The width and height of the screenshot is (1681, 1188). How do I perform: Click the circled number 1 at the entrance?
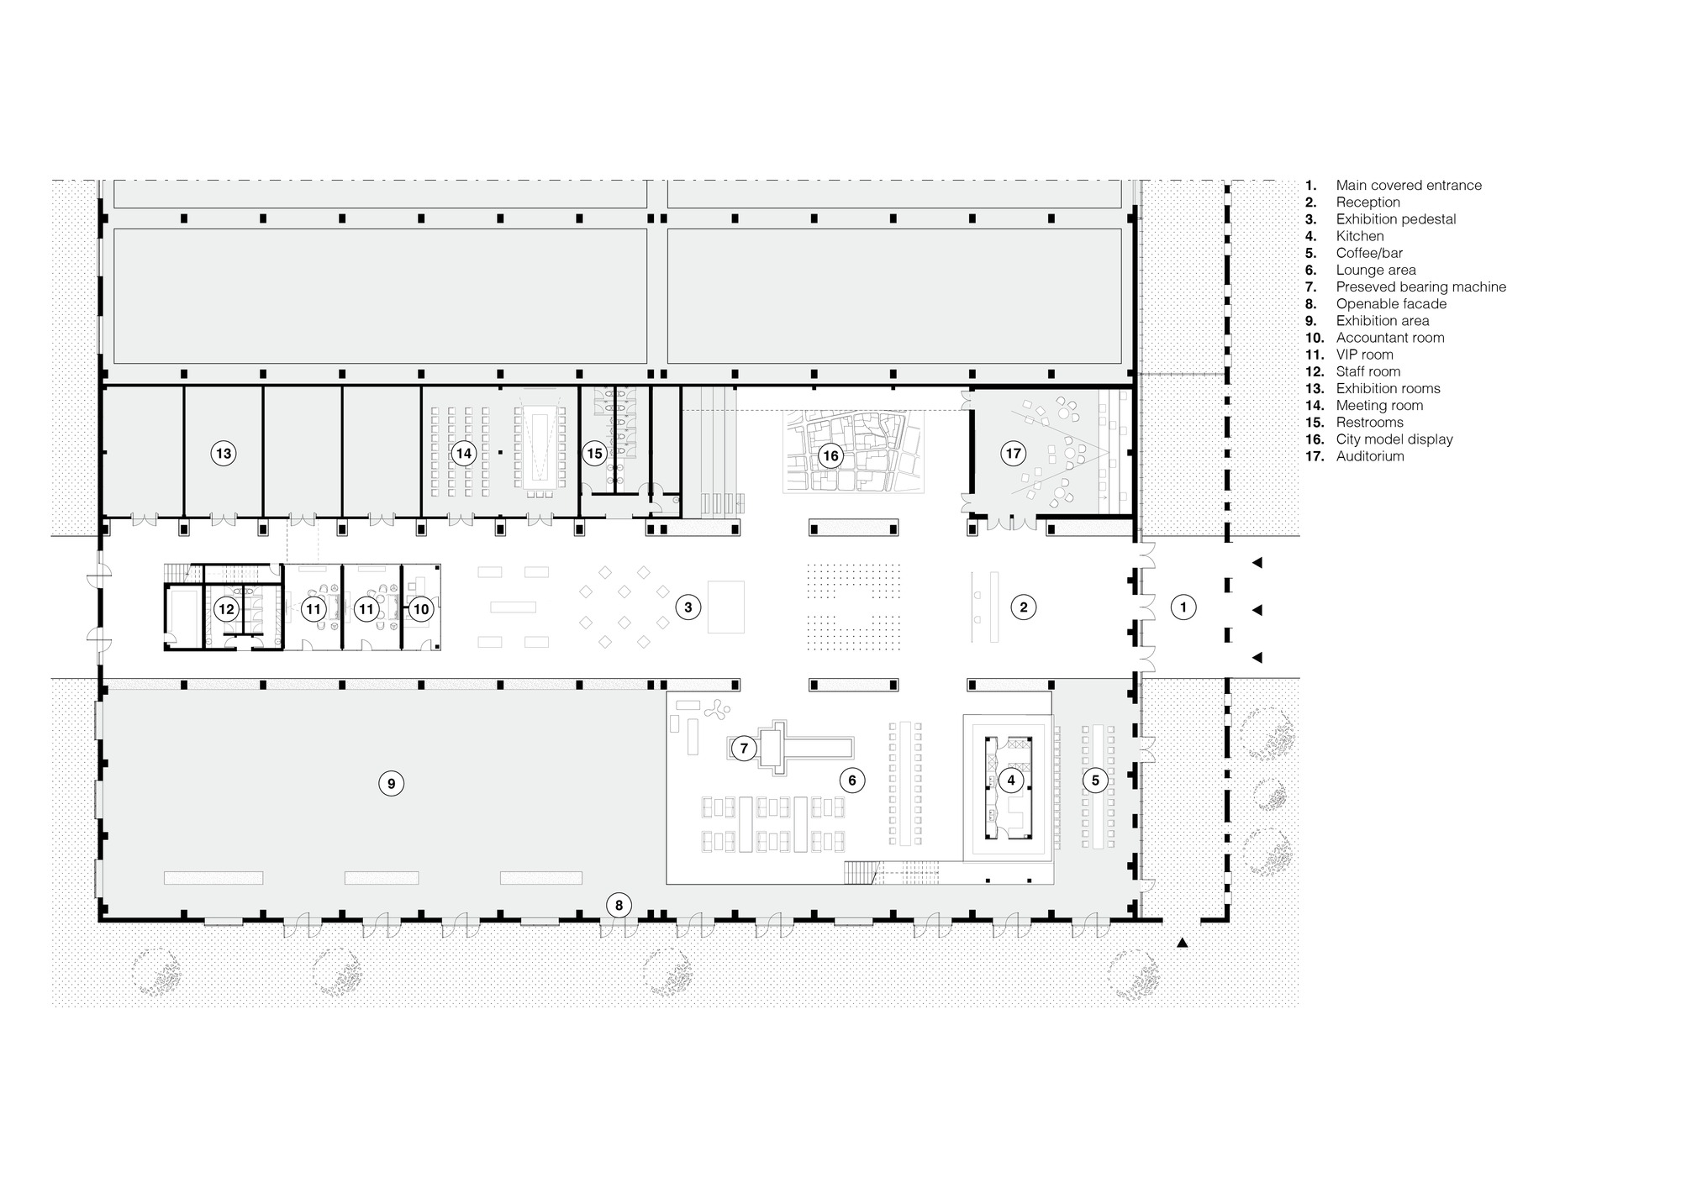coord(1183,607)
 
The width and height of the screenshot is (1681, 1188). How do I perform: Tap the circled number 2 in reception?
coord(1023,607)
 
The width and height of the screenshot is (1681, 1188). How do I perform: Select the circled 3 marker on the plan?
coord(688,607)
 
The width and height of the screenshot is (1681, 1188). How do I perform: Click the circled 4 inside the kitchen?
coord(1010,781)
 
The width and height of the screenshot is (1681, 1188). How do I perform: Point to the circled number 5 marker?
coord(1094,781)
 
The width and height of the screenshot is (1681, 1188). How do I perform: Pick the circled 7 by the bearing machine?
coord(744,748)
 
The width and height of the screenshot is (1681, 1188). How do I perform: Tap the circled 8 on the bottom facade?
coord(619,906)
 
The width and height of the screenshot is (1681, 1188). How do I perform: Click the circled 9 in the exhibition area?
coord(391,784)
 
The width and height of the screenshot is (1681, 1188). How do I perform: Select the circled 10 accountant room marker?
coord(420,609)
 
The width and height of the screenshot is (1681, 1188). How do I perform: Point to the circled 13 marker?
coord(223,454)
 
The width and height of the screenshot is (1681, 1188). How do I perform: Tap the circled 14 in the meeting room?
coord(463,454)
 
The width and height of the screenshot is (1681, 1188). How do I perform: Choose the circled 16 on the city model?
coord(830,456)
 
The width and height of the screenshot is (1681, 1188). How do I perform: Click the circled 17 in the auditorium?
coord(1014,454)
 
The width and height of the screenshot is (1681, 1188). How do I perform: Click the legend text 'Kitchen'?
coord(1359,236)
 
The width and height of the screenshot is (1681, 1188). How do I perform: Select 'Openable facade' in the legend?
coord(1391,304)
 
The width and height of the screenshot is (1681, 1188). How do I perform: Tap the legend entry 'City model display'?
coord(1394,439)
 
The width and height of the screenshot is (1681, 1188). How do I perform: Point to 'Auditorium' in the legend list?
coord(1370,456)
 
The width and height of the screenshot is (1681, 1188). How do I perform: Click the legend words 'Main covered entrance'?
coord(1409,186)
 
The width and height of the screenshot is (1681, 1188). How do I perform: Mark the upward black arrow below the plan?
coord(1183,944)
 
